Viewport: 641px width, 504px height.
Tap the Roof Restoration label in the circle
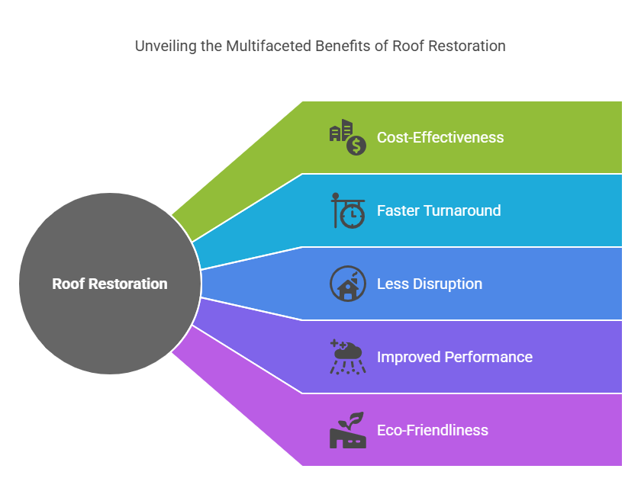pyautogui.click(x=110, y=284)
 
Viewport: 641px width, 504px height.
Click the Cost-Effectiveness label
pyautogui.click(x=440, y=137)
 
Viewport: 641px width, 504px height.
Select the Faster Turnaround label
pyautogui.click(x=439, y=210)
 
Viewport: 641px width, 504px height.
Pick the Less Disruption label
pyautogui.click(x=430, y=284)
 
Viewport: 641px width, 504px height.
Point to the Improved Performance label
pyautogui.click(x=455, y=357)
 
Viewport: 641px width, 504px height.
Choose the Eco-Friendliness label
pyautogui.click(x=433, y=430)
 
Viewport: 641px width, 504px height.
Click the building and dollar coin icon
pyautogui.click(x=348, y=137)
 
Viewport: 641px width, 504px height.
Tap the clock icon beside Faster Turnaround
pyautogui.click(x=351, y=214)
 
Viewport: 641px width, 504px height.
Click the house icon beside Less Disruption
pyautogui.click(x=348, y=286)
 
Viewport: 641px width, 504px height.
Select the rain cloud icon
pyautogui.click(x=348, y=357)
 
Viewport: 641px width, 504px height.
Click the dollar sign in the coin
pyautogui.click(x=356, y=145)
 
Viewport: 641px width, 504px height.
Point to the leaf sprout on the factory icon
pyautogui.click(x=354, y=419)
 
